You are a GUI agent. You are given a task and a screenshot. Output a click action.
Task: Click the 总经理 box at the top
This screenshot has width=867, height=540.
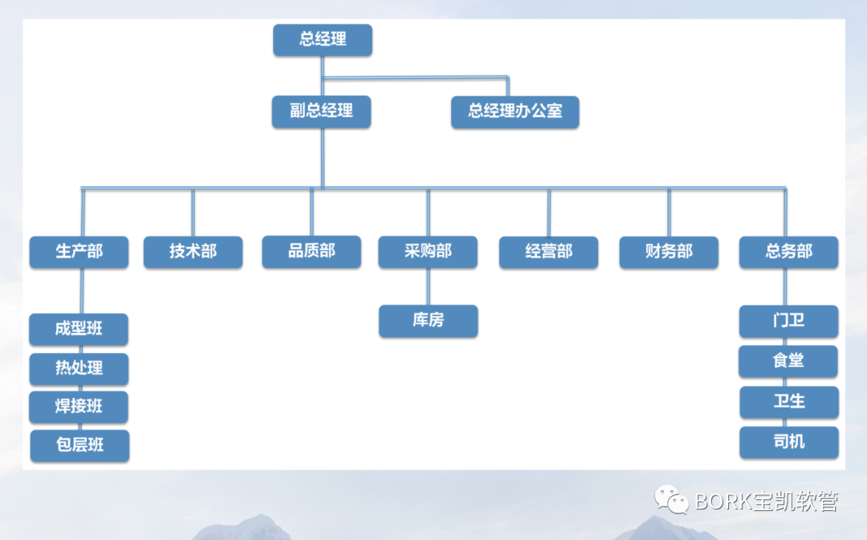click(x=322, y=40)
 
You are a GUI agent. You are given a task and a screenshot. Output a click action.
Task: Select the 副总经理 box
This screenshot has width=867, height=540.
click(x=321, y=112)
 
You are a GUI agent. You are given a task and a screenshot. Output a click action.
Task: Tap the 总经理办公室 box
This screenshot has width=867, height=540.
click(x=515, y=112)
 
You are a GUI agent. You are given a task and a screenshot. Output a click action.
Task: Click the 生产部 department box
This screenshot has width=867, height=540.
click(x=79, y=252)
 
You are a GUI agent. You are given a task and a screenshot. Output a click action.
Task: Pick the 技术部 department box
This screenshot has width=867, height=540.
click(x=193, y=252)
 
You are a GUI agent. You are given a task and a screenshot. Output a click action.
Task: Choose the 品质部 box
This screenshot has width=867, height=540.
click(x=311, y=251)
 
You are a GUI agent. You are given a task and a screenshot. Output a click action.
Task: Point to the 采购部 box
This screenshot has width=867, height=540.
click(x=428, y=252)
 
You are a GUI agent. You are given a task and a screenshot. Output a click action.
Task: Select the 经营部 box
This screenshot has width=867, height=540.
click(x=548, y=252)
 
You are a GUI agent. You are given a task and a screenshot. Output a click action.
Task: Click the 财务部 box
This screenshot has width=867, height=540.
click(x=669, y=252)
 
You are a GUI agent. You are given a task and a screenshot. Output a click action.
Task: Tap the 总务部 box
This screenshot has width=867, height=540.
click(x=788, y=252)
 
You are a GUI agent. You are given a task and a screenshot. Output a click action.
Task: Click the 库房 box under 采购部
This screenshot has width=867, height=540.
click(x=428, y=321)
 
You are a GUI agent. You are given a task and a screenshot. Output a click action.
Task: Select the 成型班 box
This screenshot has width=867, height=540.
click(x=79, y=329)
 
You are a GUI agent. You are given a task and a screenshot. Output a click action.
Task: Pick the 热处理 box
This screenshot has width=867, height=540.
click(x=79, y=368)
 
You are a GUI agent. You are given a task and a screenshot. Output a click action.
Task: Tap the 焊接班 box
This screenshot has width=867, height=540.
click(x=79, y=407)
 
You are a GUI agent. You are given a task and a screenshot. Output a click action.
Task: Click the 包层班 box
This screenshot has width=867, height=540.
click(x=79, y=445)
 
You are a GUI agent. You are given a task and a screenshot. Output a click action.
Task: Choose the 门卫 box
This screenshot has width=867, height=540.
click(x=788, y=321)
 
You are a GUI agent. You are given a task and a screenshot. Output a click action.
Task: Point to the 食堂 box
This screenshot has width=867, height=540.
click(x=788, y=361)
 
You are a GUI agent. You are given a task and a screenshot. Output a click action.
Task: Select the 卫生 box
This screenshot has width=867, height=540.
click(x=789, y=402)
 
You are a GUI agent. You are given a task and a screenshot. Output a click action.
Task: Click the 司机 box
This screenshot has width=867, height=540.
click(x=789, y=442)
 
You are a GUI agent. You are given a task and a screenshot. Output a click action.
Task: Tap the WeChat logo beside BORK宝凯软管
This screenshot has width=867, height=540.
click(x=671, y=500)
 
